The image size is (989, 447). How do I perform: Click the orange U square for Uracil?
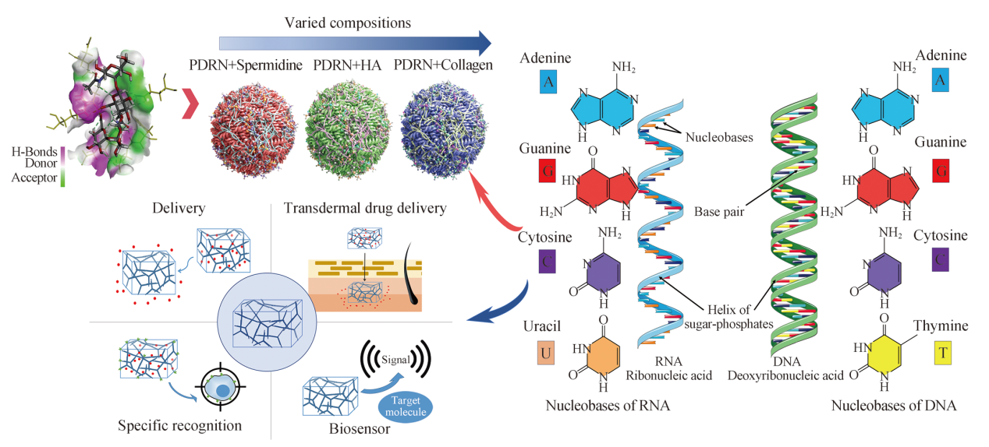tap(545, 353)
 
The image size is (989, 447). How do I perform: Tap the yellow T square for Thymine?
tap(943, 353)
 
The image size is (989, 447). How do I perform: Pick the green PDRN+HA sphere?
tap(348, 129)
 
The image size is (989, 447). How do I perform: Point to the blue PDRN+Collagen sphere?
tap(444, 130)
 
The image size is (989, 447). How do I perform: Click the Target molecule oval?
tap(406, 407)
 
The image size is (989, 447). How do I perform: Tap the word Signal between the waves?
tap(395, 360)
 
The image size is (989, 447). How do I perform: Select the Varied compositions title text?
tap(347, 23)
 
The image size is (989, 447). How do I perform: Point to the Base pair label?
tap(719, 212)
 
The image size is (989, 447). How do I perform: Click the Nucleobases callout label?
tap(719, 138)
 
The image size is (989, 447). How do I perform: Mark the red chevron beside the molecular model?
tap(190, 104)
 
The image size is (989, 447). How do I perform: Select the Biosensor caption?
tap(360, 428)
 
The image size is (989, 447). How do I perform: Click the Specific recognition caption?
tap(179, 426)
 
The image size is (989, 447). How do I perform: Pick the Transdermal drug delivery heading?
tap(365, 208)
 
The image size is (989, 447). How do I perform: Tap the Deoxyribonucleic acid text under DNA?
tap(785, 375)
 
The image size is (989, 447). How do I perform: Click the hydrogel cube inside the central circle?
tap(268, 323)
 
